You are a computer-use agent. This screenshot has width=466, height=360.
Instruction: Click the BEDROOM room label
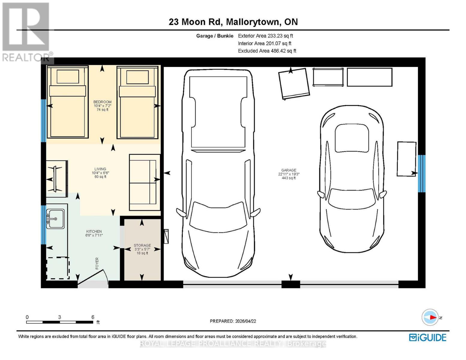[x=102, y=102]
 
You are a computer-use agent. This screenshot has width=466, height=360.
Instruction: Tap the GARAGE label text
[x=289, y=170]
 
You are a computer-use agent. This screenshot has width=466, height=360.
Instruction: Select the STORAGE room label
[x=142, y=245]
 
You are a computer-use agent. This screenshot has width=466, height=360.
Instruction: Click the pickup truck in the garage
[x=218, y=173]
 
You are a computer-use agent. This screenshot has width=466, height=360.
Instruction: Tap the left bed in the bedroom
[x=67, y=103]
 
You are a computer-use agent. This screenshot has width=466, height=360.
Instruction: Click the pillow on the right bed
[x=137, y=77]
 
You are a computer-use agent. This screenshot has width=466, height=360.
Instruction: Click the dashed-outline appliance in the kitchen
[x=58, y=268]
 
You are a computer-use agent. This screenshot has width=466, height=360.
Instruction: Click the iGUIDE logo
[x=428, y=337]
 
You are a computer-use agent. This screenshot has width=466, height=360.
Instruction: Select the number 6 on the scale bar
[x=93, y=317]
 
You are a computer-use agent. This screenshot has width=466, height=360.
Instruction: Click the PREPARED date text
[x=233, y=321]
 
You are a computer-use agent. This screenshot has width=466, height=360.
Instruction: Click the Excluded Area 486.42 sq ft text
[x=267, y=51]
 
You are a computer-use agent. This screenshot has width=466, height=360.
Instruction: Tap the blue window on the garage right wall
[x=422, y=173]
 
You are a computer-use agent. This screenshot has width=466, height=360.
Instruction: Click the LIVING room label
[x=100, y=169]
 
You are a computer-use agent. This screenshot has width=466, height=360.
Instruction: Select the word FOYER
[x=97, y=263]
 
